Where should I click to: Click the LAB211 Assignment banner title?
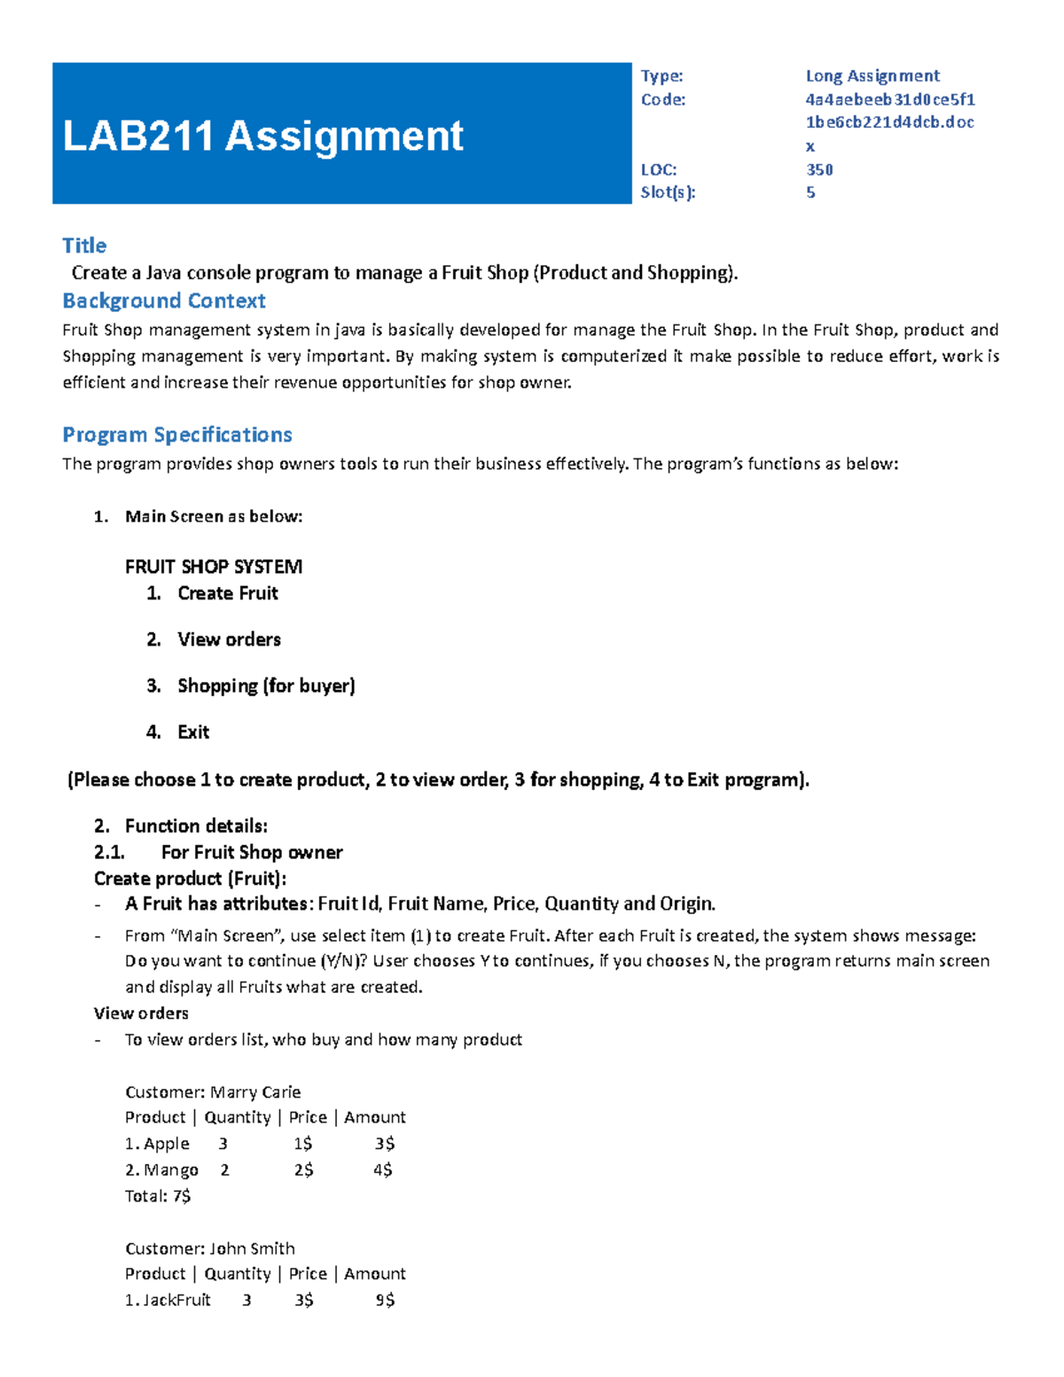(x=262, y=137)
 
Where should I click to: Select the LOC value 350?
(x=818, y=169)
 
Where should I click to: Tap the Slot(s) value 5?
(x=810, y=192)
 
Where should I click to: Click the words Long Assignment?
(x=872, y=76)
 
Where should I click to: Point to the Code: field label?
(x=662, y=99)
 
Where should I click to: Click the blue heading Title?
(x=84, y=246)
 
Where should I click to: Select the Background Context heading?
(x=163, y=301)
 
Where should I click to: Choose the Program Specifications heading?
(x=176, y=435)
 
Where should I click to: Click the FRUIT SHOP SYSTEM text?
(x=213, y=567)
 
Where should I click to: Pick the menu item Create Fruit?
(x=227, y=593)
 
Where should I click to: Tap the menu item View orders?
(x=229, y=639)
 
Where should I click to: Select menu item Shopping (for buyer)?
(x=266, y=685)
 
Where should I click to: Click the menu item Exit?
(x=193, y=732)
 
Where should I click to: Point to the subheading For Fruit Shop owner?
(x=251, y=852)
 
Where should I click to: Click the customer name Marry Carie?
(x=255, y=1092)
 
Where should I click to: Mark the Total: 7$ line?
(x=158, y=1196)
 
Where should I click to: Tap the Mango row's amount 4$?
(x=382, y=1170)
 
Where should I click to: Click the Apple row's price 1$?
(x=302, y=1144)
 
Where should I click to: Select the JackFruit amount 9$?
(x=384, y=1301)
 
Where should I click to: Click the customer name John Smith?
(x=252, y=1248)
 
